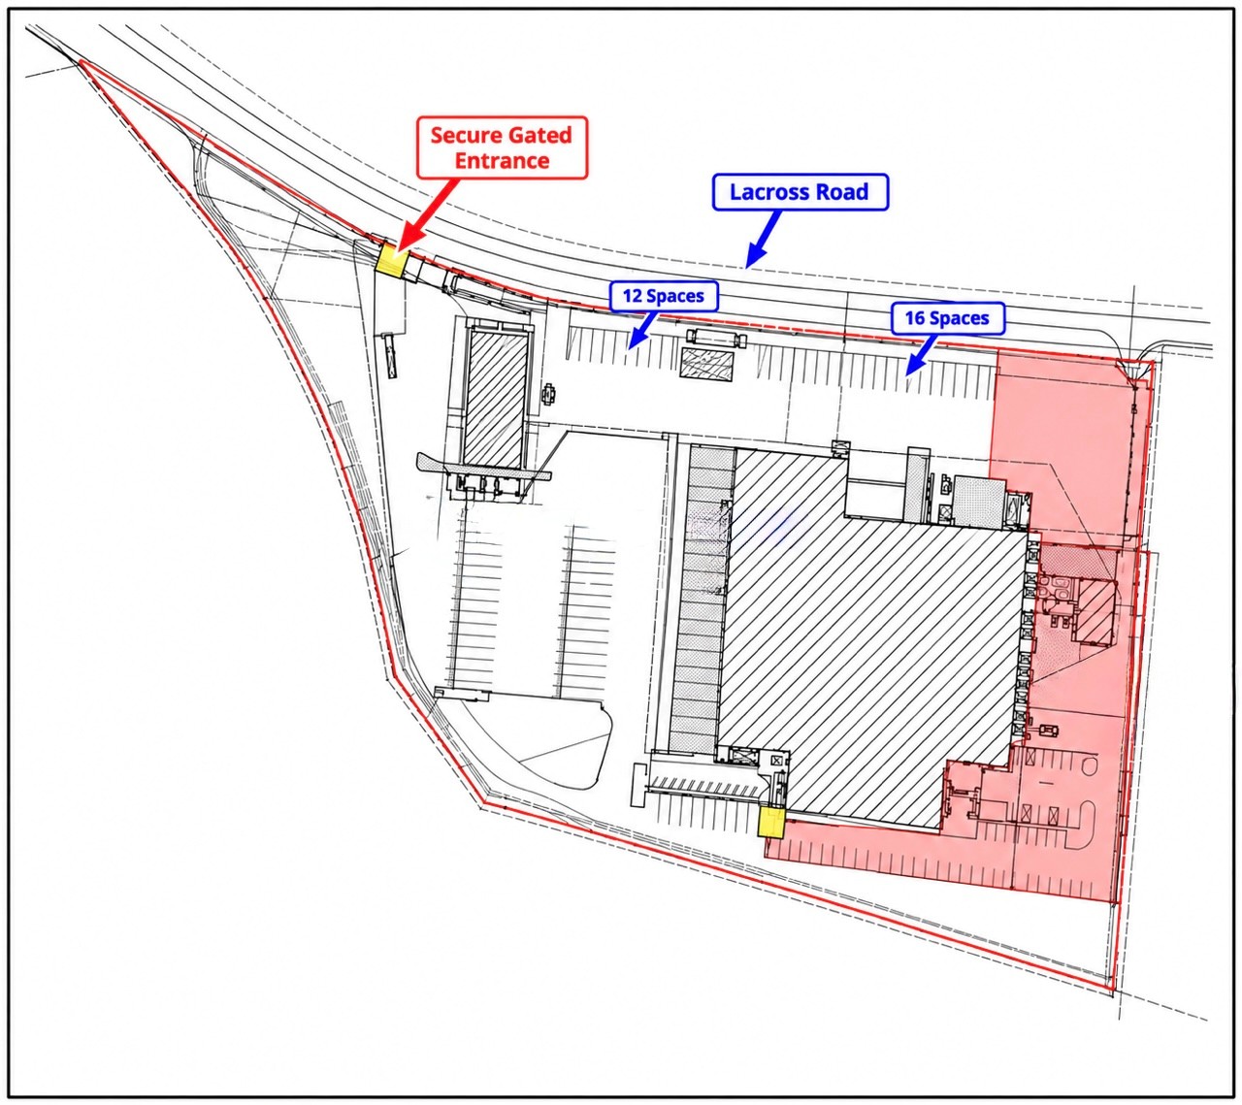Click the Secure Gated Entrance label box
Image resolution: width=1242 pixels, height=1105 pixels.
click(502, 147)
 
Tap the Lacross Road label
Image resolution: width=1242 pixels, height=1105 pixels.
click(800, 192)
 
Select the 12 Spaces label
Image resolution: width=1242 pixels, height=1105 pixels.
click(664, 296)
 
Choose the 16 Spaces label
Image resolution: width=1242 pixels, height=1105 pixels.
click(947, 318)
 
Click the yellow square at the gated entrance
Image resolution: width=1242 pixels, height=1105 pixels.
click(392, 260)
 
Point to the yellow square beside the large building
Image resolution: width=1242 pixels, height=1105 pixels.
click(771, 822)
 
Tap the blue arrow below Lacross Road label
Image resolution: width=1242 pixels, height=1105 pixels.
click(764, 239)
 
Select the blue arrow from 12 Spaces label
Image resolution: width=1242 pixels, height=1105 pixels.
click(642, 330)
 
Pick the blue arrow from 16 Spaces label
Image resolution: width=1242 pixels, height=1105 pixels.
click(922, 354)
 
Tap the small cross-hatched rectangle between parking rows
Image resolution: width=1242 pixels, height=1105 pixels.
click(707, 366)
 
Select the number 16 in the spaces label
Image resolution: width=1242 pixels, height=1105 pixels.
click(915, 318)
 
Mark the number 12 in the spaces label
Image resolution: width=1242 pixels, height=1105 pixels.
click(632, 296)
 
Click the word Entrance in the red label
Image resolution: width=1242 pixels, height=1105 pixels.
click(502, 161)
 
